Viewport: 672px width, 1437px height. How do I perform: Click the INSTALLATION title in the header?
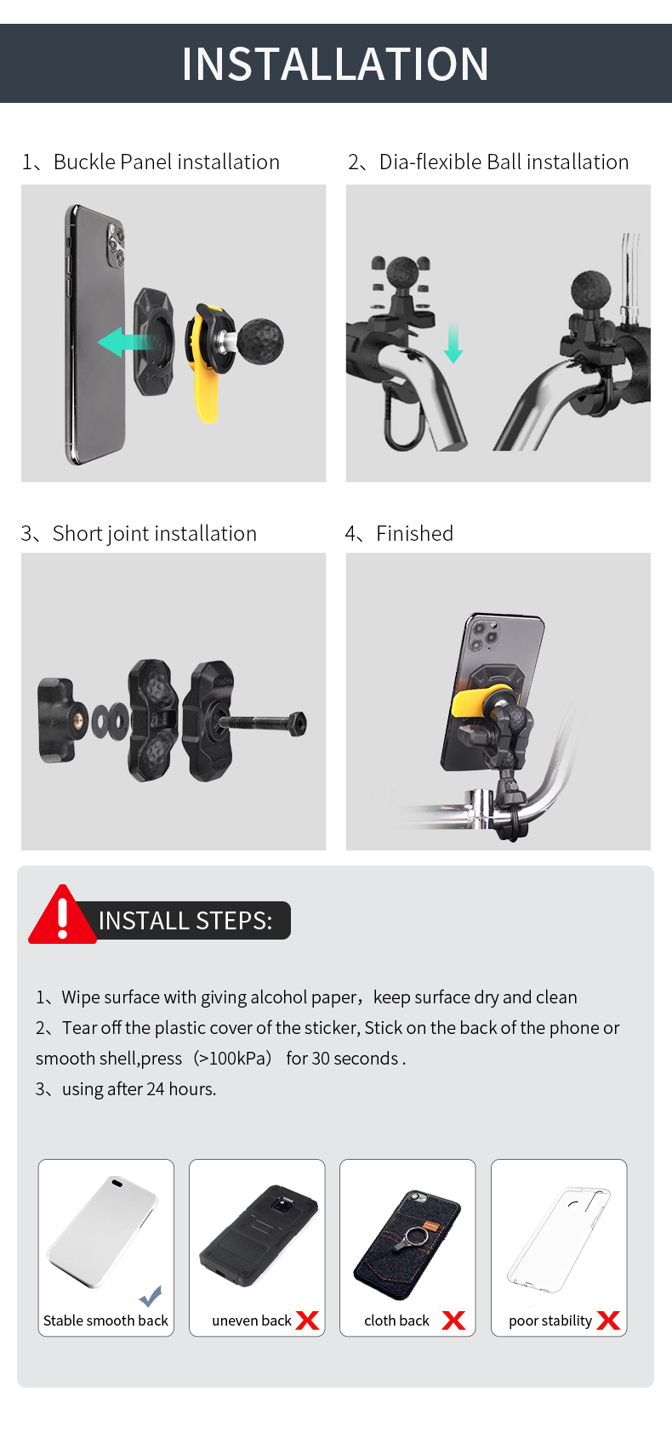tap(335, 64)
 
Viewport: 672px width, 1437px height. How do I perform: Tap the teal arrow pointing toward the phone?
tap(125, 342)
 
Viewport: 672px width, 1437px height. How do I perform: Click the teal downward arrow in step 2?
tap(453, 343)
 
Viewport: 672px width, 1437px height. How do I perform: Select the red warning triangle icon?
tap(62, 915)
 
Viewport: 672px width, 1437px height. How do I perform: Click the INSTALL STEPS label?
tap(185, 921)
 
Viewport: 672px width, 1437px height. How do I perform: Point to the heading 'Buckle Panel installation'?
tap(166, 162)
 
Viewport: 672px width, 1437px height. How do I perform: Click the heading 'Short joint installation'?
tap(154, 534)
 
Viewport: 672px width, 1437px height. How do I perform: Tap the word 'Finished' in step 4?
tap(414, 533)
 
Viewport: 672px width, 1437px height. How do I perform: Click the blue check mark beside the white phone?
tap(151, 1297)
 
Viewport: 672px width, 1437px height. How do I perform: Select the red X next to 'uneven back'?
tap(307, 1321)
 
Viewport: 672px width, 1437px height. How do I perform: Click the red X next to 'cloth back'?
tap(453, 1321)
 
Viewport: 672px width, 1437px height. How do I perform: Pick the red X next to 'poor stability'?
tap(608, 1321)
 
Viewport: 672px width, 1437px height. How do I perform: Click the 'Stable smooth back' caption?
tap(105, 1321)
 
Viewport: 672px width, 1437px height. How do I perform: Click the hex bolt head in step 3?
tap(297, 724)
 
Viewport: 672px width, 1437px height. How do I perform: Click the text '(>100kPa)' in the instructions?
tap(233, 1059)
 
